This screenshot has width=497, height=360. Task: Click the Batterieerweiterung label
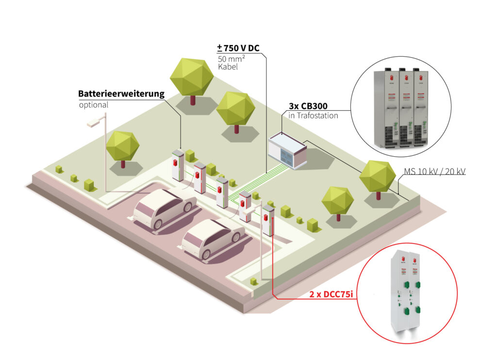(x=121, y=94)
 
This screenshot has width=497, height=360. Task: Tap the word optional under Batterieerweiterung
(x=94, y=105)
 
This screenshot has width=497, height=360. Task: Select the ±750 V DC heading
(x=239, y=49)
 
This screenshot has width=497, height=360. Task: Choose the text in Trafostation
(x=310, y=115)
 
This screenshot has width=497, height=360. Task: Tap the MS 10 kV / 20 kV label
(x=434, y=171)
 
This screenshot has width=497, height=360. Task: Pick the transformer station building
(x=287, y=150)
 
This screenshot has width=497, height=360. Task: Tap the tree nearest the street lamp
(x=123, y=147)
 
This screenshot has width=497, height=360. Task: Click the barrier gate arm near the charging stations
(x=249, y=212)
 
